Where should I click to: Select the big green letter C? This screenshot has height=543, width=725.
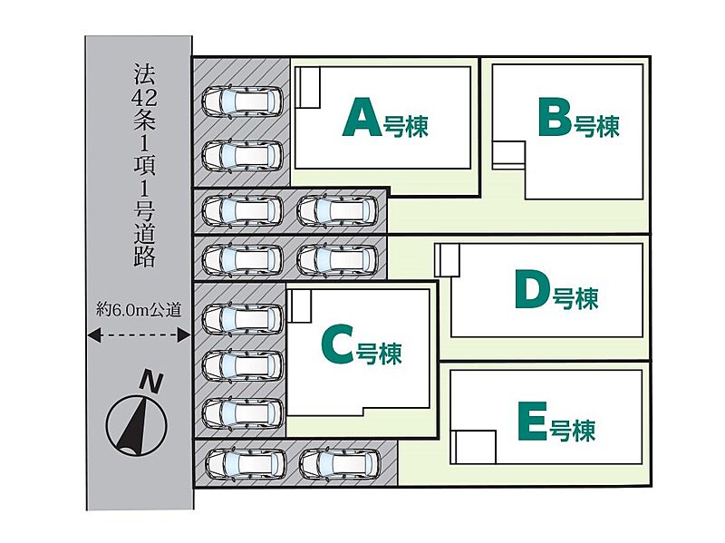[x=337, y=344]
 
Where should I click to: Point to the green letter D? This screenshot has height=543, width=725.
[x=532, y=290]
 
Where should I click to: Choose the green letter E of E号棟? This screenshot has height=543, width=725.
[x=533, y=421]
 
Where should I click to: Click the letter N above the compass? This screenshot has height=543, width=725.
[x=151, y=381]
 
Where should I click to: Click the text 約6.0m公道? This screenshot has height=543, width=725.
[x=139, y=309]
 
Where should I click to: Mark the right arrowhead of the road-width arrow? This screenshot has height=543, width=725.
[x=184, y=335]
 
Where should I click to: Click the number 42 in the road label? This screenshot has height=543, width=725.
[x=144, y=97]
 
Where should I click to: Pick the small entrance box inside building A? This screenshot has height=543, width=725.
[x=307, y=87]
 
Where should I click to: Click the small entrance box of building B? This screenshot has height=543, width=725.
[x=508, y=154]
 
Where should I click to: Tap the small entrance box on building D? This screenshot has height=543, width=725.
[x=448, y=260]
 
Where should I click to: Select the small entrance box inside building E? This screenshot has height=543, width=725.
[x=473, y=447]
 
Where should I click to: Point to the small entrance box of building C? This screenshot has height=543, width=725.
[x=300, y=305]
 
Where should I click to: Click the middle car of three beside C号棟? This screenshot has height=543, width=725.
[x=243, y=364]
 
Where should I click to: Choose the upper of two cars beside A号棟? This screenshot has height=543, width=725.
[x=242, y=102]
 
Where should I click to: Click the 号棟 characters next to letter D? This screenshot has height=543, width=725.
[x=575, y=298]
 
